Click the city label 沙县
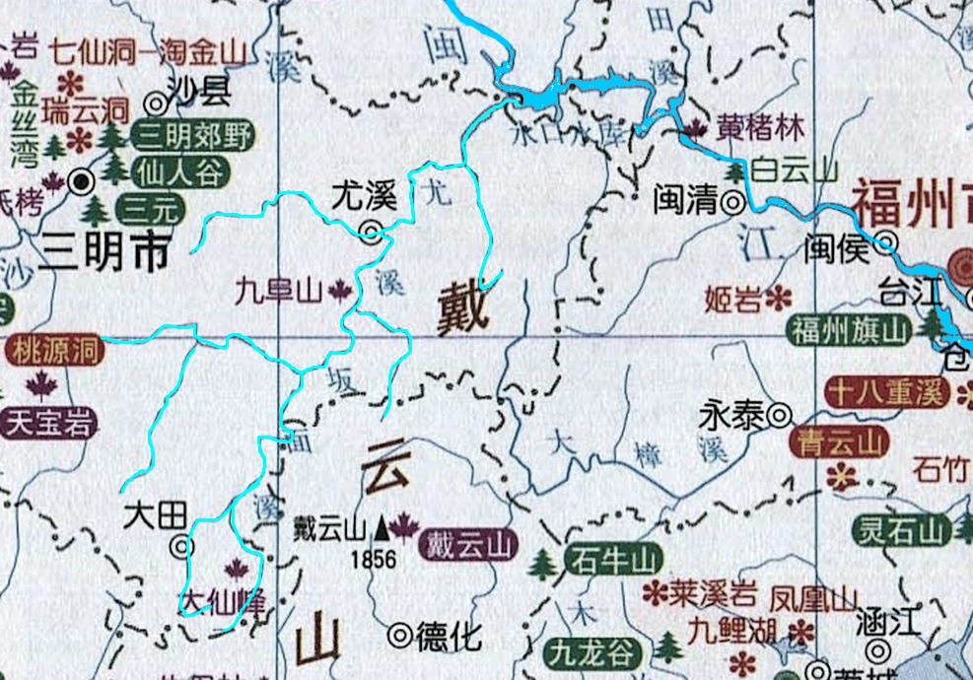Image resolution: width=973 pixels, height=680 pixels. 200,95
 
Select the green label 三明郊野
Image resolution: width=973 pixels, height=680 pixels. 193,135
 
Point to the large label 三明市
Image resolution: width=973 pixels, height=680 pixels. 103,253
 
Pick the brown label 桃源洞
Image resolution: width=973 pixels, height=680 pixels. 53,350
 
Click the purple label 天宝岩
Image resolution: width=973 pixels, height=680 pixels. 49,423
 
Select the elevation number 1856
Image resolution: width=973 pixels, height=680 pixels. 372,560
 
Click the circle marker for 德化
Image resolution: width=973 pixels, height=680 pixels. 399,636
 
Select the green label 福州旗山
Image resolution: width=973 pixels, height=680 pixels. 848,330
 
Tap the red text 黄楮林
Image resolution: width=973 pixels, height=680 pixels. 760,128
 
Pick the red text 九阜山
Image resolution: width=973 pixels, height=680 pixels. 279,290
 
